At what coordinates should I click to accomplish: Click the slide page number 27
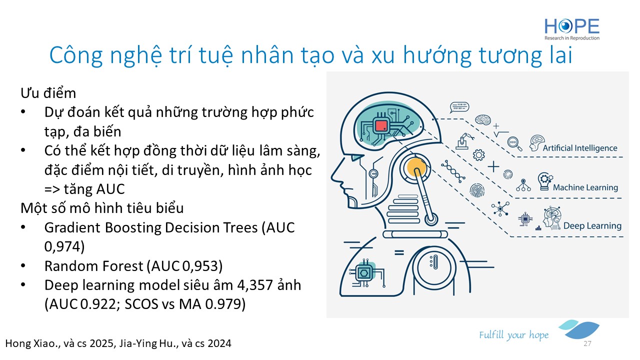tap(587, 343)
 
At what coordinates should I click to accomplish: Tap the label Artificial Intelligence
tap(580, 148)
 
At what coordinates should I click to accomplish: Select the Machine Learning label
tap(585, 187)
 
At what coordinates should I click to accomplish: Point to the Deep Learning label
tap(592, 225)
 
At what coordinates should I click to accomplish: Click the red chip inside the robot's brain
tap(381, 125)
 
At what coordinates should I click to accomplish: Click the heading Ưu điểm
tap(48, 93)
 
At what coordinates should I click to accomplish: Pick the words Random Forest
tap(93, 266)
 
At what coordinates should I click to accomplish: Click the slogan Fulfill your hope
tap(513, 335)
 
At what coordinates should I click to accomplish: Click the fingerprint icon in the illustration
tap(477, 190)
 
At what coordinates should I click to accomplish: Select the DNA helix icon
tap(453, 171)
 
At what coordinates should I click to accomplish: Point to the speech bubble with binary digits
tap(459, 107)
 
